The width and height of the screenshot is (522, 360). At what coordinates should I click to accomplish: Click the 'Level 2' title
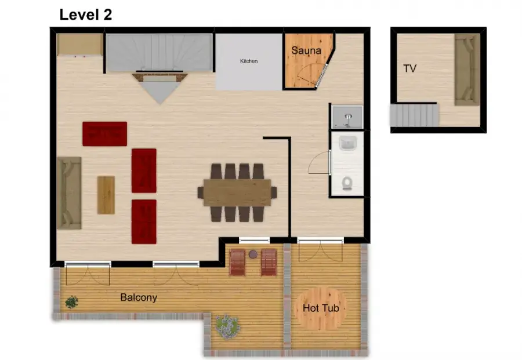[x=86, y=14]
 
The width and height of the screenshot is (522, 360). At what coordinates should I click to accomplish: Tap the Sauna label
[x=306, y=50]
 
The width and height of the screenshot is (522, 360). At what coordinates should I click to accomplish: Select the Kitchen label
[x=249, y=61]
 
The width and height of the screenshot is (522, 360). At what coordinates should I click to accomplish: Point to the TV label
[x=410, y=68]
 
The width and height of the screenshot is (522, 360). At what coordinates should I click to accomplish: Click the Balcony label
[x=139, y=297]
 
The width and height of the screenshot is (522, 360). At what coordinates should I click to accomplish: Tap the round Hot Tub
[x=321, y=308]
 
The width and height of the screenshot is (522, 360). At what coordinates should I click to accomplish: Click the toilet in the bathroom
[x=347, y=183]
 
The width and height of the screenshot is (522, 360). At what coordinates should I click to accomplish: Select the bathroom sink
[x=348, y=144]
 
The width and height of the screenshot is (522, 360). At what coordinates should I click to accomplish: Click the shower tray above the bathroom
[x=347, y=117]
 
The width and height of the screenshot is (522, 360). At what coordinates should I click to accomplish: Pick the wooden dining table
[x=237, y=192]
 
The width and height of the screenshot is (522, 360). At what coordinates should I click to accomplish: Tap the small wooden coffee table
[x=106, y=195]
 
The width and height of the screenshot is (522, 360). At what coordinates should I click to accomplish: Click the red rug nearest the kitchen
[x=104, y=134]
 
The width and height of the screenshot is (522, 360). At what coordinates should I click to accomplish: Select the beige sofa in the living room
[x=69, y=193]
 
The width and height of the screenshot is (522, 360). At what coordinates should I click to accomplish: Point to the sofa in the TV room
[x=467, y=70]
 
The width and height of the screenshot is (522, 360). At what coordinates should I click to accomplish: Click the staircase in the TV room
[x=414, y=115]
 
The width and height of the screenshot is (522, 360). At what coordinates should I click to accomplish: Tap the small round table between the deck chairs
[x=253, y=254]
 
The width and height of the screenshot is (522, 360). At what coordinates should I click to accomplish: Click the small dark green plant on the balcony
[x=71, y=303]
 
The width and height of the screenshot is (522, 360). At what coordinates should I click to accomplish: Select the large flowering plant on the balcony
[x=227, y=327]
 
